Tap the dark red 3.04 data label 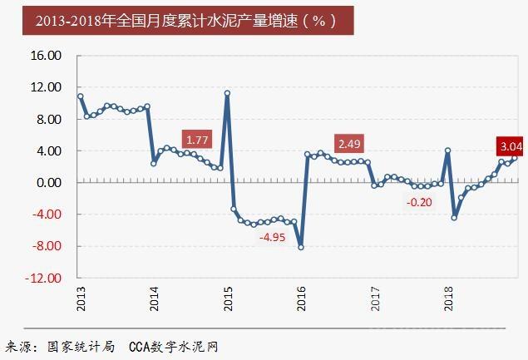pyautogui.click(x=509, y=147)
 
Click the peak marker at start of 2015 pyautogui.click(x=227, y=93)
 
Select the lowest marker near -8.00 pyautogui.click(x=300, y=247)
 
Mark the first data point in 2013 pyautogui.click(x=81, y=96)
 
